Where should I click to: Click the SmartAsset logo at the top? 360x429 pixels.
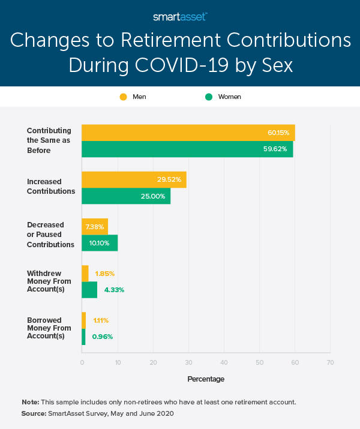(180, 17)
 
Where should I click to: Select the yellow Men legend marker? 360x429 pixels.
(124, 97)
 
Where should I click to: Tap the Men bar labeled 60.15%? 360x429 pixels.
(188, 133)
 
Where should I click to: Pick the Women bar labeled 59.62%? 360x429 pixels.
(187, 149)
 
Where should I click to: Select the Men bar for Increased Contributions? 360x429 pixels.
(134, 179)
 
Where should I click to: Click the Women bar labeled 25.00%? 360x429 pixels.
(126, 196)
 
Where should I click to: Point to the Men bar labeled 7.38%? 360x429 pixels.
(95, 227)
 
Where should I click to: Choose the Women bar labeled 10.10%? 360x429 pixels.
(100, 243)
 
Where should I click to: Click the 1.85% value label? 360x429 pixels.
(104, 274)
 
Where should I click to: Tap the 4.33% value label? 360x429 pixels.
(113, 290)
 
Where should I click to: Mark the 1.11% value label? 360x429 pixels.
(101, 320)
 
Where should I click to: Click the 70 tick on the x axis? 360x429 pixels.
(330, 362)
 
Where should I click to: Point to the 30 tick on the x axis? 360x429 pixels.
(188, 362)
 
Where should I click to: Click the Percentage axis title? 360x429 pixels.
(206, 379)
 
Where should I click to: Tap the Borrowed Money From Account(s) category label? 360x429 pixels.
(49, 328)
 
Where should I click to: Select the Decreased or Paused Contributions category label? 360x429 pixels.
(50, 235)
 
